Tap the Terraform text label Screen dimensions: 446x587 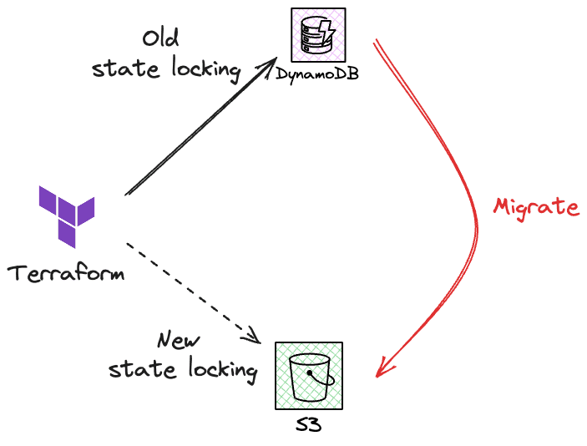click(66, 273)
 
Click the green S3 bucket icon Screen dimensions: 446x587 click(309, 375)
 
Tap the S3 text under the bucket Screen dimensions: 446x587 click(308, 426)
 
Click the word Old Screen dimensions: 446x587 click(160, 38)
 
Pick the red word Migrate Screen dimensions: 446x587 click(536, 206)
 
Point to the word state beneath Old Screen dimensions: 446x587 click(118, 68)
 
